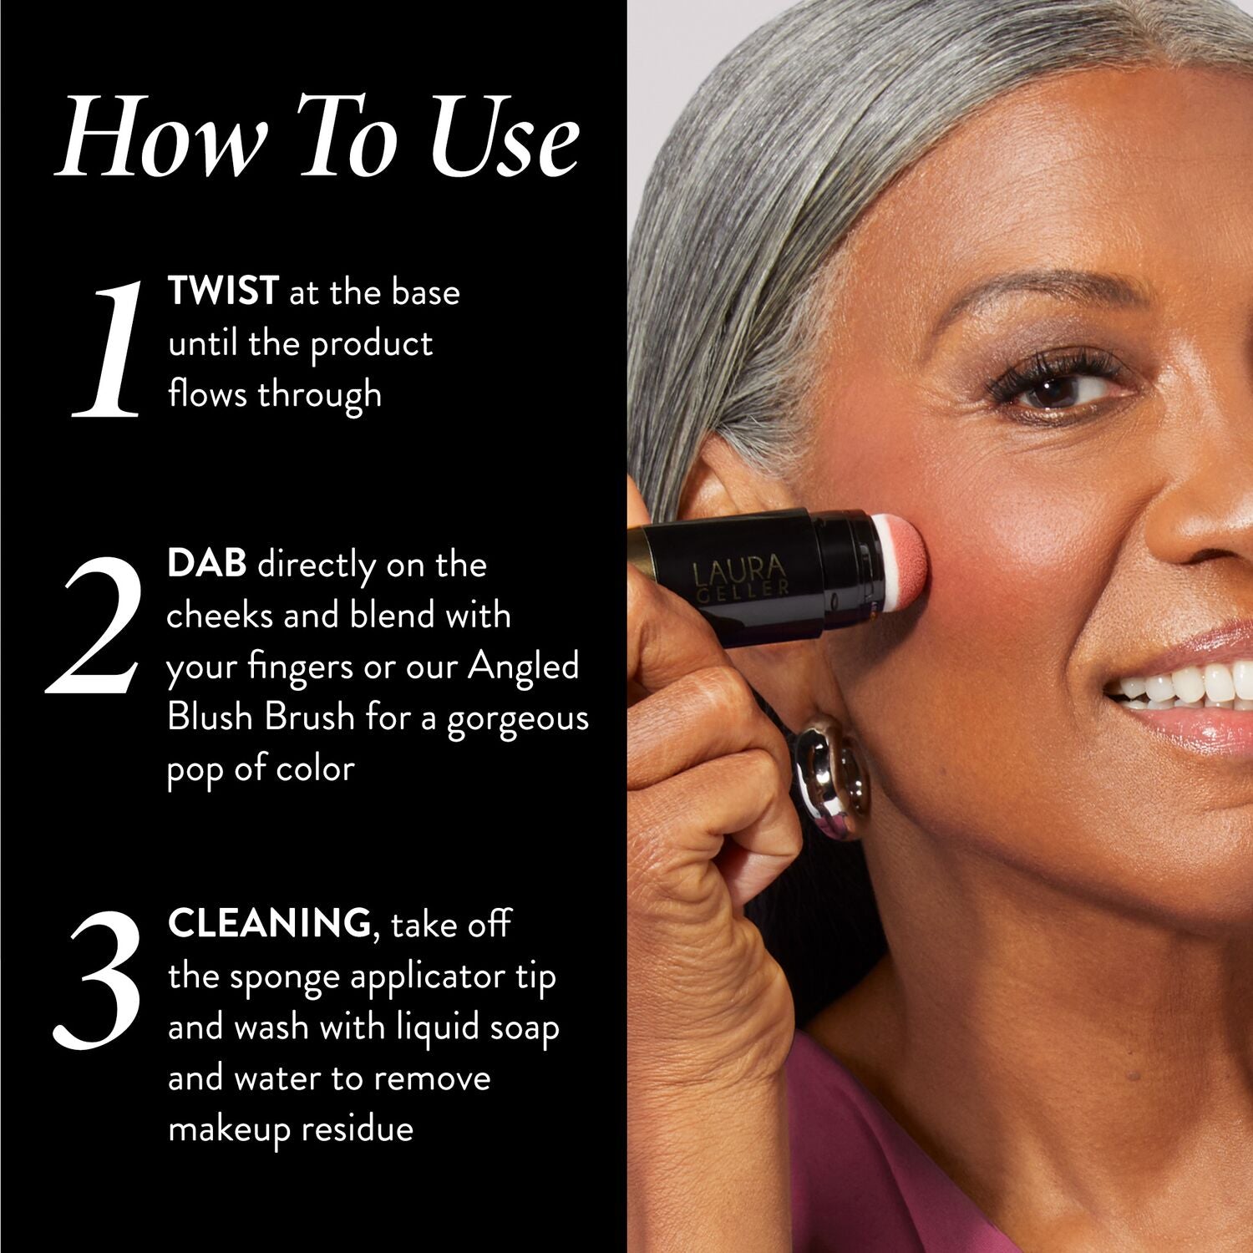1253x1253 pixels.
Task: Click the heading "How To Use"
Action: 317,136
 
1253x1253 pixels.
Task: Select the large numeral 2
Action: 92,625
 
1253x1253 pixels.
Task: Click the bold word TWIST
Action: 222,292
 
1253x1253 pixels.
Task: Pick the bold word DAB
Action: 206,564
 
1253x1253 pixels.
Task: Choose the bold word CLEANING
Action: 269,923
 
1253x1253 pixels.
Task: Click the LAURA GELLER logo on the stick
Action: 740,575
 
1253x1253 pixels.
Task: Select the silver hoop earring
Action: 831,776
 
